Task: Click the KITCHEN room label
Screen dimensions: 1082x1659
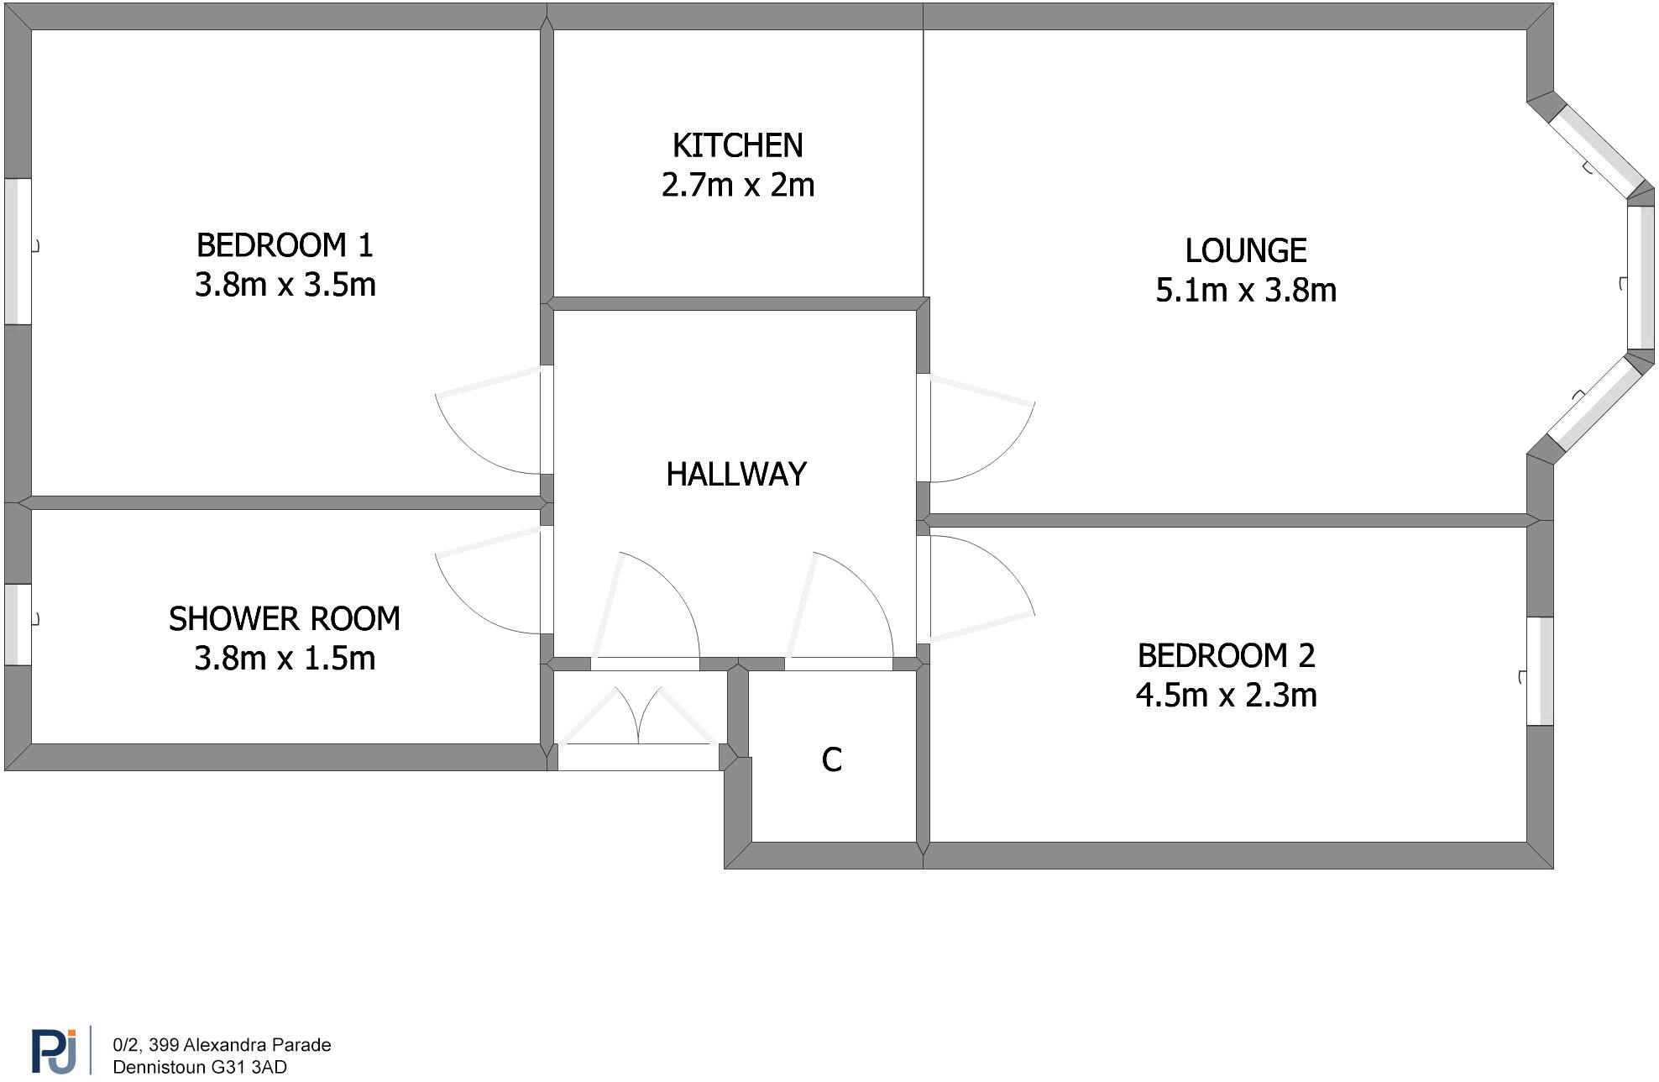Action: pyautogui.click(x=737, y=146)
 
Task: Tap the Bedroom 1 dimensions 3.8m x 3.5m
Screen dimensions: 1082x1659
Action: pyautogui.click(x=285, y=285)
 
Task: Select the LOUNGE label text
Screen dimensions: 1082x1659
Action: pyautogui.click(x=1245, y=251)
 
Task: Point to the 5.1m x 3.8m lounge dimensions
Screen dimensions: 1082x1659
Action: pyautogui.click(x=1245, y=291)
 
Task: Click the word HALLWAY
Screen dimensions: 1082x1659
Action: pyautogui.click(x=735, y=475)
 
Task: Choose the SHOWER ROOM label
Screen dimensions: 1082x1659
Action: pyautogui.click(x=284, y=619)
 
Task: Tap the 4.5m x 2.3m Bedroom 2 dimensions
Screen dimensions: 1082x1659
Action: pyautogui.click(x=1226, y=696)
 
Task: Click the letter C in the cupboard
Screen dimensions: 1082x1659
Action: pyautogui.click(x=831, y=760)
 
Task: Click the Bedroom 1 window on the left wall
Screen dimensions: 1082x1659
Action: pyautogui.click(x=18, y=250)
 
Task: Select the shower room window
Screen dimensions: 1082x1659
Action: pyautogui.click(x=18, y=624)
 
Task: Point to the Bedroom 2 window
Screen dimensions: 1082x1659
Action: pyautogui.click(x=1540, y=671)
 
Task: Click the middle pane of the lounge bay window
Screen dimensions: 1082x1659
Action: pyautogui.click(x=1641, y=278)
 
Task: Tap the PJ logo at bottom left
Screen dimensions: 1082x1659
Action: pyautogui.click(x=55, y=1050)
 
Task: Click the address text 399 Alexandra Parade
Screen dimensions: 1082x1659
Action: pyautogui.click(x=222, y=1045)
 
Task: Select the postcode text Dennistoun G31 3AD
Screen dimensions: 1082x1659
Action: pyautogui.click(x=200, y=1067)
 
